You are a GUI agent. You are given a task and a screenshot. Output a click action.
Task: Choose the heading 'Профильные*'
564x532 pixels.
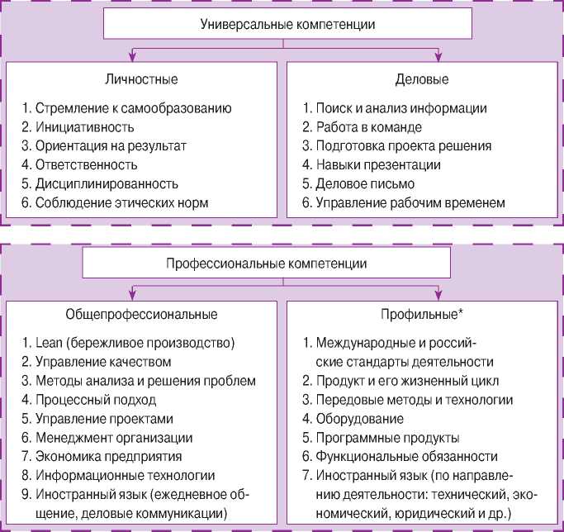423,315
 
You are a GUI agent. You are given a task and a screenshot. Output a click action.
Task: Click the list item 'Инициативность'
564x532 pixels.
85,127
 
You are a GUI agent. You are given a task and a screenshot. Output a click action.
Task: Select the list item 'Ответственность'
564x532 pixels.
86,164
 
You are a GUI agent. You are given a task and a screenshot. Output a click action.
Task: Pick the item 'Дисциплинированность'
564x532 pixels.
106,183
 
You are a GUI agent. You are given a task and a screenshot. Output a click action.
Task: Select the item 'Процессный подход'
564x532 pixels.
95,400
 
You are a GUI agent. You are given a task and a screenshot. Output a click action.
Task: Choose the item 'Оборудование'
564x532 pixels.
359,419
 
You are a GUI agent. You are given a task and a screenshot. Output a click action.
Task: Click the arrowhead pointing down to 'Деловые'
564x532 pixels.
438,56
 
